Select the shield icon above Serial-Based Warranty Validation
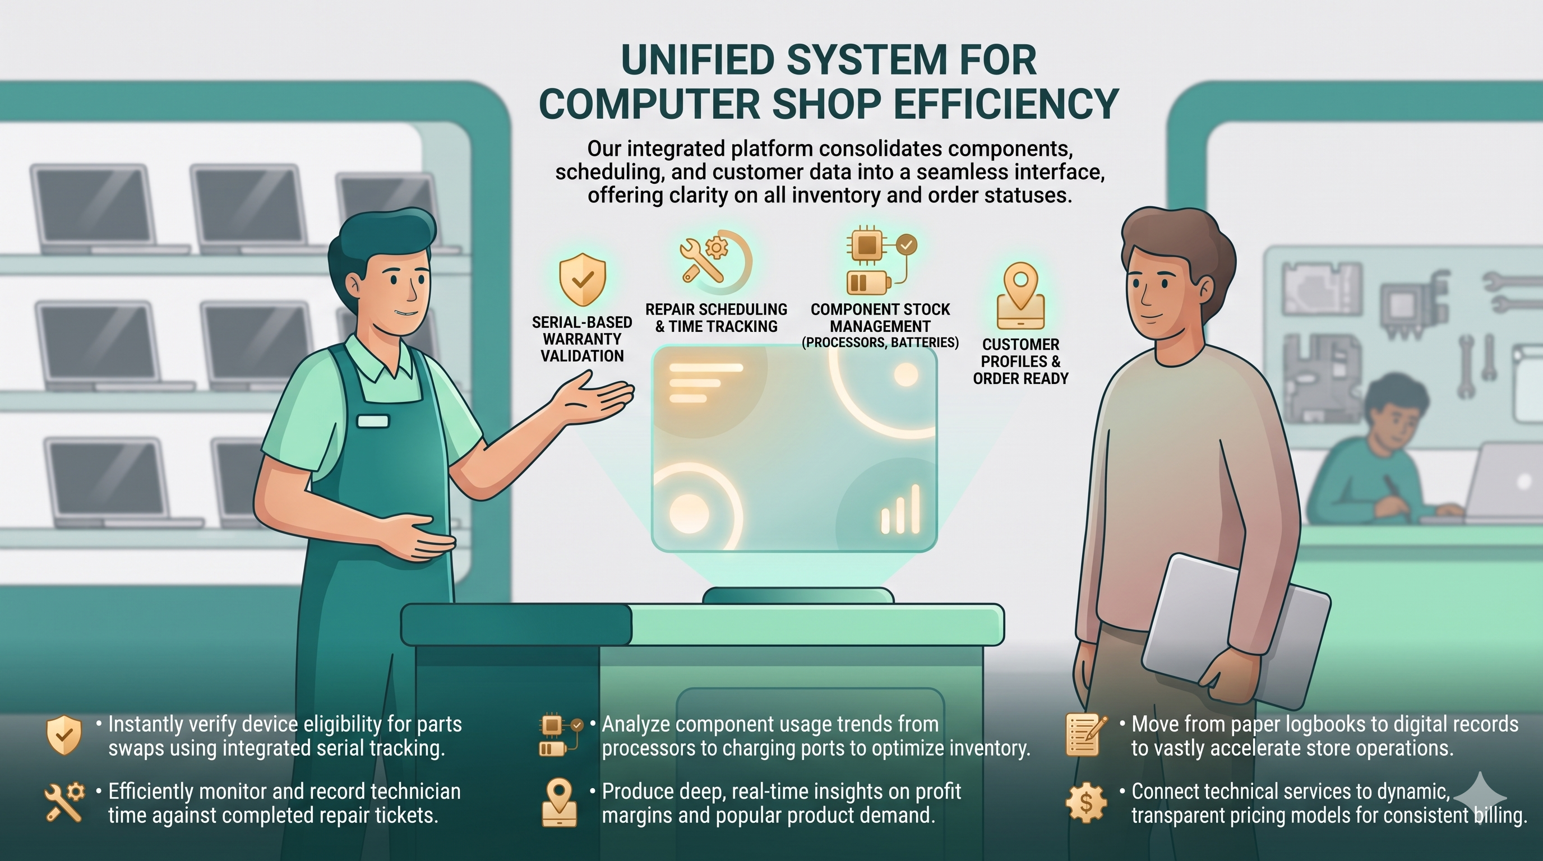tap(582, 279)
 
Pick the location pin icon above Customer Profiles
tap(1020, 296)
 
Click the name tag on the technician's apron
tap(372, 421)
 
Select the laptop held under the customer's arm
tap(1236, 631)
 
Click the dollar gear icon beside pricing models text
tap(1086, 803)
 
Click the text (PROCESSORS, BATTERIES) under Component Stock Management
tap(880, 342)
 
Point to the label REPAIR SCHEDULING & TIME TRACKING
tap(717, 318)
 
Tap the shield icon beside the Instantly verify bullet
tap(63, 735)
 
